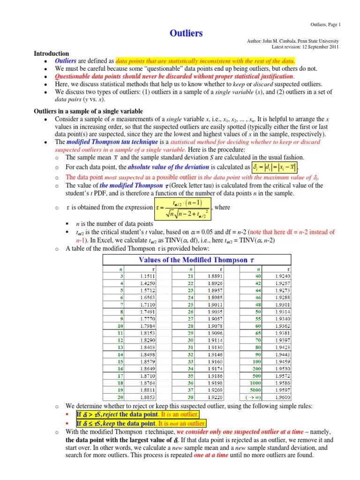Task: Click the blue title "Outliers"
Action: (186, 33)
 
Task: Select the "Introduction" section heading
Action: (52, 54)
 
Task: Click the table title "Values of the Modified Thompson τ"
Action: (193, 260)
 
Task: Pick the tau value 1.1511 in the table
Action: (148, 277)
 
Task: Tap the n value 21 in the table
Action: (190, 277)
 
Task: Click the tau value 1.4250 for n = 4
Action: (148, 283)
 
